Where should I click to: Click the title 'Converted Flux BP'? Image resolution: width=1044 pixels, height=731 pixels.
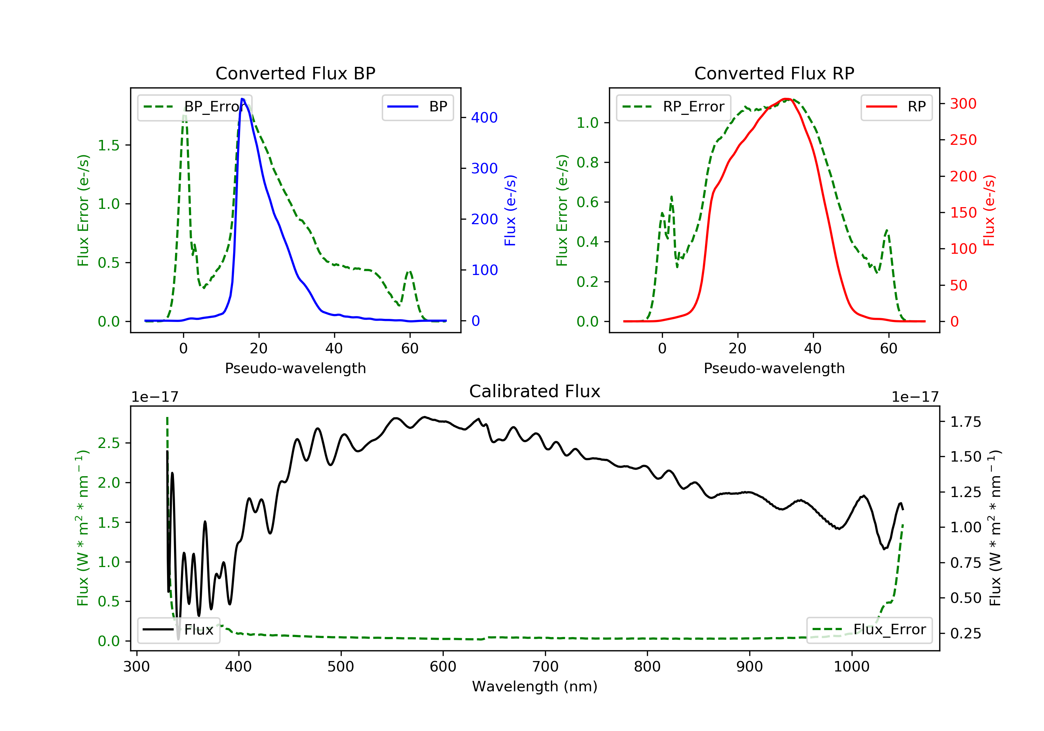pyautogui.click(x=295, y=73)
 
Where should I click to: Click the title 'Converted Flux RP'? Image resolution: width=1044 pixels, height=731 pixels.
pyautogui.click(x=774, y=73)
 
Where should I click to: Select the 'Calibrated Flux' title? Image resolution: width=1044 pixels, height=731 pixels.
pyautogui.click(x=535, y=391)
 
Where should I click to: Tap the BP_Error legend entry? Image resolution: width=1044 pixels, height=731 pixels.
pyautogui.click(x=195, y=107)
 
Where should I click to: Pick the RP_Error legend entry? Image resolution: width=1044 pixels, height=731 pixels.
pyautogui.click(x=673, y=107)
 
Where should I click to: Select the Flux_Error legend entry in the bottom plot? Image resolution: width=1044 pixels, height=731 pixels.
pyautogui.click(x=869, y=630)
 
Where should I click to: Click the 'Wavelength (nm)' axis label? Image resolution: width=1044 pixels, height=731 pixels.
pyautogui.click(x=535, y=686)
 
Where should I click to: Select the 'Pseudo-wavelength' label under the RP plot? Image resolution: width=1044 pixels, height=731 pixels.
pyautogui.click(x=774, y=368)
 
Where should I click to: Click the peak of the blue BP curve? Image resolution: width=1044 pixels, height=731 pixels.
pyautogui.click(x=242, y=99)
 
